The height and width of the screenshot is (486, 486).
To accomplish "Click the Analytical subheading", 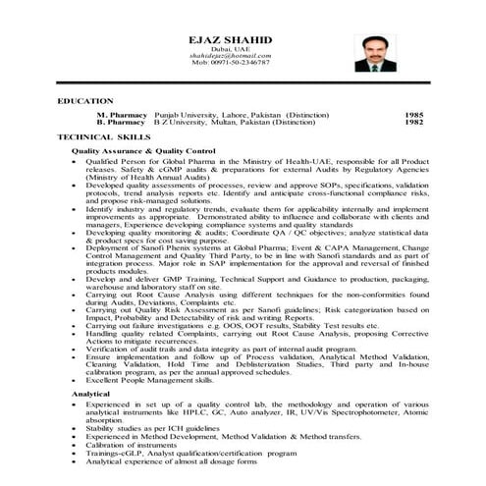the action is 91,393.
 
